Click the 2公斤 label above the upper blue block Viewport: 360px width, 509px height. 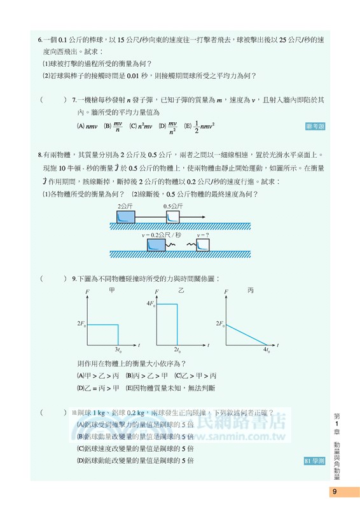pyautogui.click(x=124, y=207)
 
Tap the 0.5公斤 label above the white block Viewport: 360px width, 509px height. pyautogui.click(x=173, y=207)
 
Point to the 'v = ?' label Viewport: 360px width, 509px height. pyautogui.click(x=203, y=235)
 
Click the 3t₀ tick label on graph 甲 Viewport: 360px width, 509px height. pyautogui.click(x=118, y=350)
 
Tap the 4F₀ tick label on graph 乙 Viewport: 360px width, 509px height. pyautogui.click(x=151, y=305)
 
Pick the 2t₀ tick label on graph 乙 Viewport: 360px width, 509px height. pyautogui.click(x=178, y=350)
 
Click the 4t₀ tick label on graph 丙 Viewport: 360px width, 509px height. pyautogui.click(x=267, y=350)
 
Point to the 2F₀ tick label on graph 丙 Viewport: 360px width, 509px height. pyautogui.click(x=220, y=324)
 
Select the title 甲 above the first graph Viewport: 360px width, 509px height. pyautogui.click(x=111, y=290)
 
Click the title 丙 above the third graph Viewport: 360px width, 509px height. pyautogui.click(x=251, y=290)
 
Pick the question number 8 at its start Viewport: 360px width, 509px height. pyautogui.click(x=40, y=154)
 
